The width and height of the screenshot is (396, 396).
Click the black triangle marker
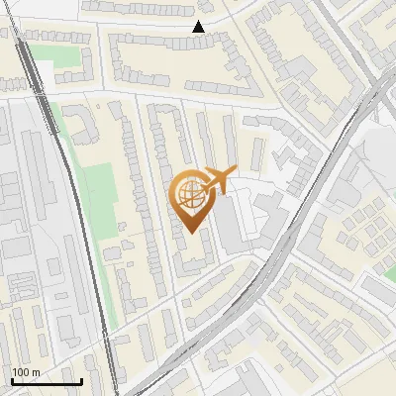tap(199, 27)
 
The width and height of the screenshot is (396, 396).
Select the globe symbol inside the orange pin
tap(189, 193)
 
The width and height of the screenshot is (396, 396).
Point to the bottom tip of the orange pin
tap(189, 233)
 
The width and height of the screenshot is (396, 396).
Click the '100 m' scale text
tap(26, 372)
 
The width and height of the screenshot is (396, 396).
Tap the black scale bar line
tap(46, 381)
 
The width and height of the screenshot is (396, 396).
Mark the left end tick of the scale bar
tap(11, 379)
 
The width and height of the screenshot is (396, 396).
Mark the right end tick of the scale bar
tap(81, 379)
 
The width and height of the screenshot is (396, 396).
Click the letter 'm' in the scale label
tap(36, 372)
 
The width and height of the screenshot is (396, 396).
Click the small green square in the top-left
tap(64, 57)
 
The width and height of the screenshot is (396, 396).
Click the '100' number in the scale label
tap(21, 372)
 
